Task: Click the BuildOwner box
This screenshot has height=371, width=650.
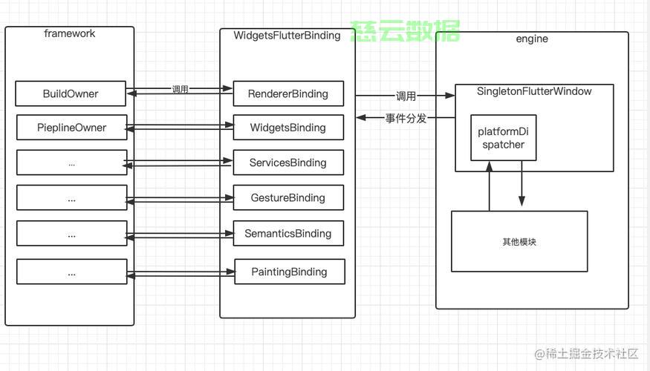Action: (x=71, y=93)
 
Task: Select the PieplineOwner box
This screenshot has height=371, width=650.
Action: (x=72, y=128)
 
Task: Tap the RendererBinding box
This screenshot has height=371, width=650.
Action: (x=288, y=93)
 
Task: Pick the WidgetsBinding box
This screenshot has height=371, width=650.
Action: (x=288, y=128)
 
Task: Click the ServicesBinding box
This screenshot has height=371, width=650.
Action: (x=288, y=162)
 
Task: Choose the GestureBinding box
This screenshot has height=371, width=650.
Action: (x=288, y=197)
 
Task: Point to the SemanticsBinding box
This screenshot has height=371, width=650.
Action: (x=288, y=234)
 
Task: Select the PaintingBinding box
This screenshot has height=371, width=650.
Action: (x=290, y=272)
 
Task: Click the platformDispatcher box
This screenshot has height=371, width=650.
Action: (x=503, y=138)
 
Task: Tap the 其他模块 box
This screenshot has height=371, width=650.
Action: (x=519, y=241)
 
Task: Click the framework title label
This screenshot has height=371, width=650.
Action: (x=70, y=33)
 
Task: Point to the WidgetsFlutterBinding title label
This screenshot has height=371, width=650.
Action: (x=287, y=36)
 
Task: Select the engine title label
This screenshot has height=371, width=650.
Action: (x=532, y=39)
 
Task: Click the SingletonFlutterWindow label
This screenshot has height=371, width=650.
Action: (x=534, y=91)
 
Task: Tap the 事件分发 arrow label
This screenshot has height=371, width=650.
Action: (x=406, y=119)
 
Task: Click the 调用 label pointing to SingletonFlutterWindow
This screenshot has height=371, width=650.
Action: (x=406, y=96)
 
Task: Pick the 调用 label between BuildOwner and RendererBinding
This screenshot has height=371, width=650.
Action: (x=181, y=89)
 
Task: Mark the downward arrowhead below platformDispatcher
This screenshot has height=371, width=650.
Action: (x=521, y=201)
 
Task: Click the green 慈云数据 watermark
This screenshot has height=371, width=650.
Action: (x=405, y=31)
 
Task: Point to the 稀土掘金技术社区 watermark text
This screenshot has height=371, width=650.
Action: (x=586, y=354)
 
